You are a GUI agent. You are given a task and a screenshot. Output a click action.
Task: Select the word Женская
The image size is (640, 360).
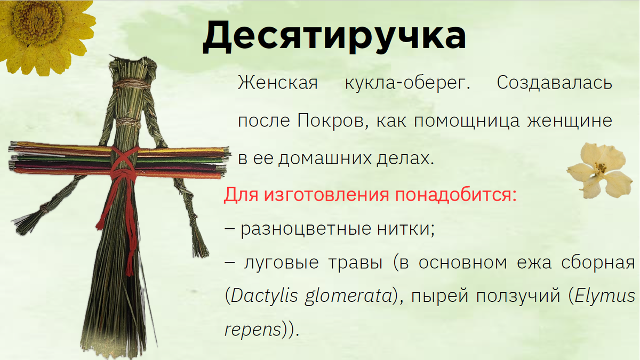[x=277, y=84]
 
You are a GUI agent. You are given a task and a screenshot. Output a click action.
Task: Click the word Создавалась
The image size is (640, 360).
[x=554, y=84]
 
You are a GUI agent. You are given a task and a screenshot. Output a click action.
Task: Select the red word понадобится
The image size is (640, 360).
[x=455, y=195]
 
